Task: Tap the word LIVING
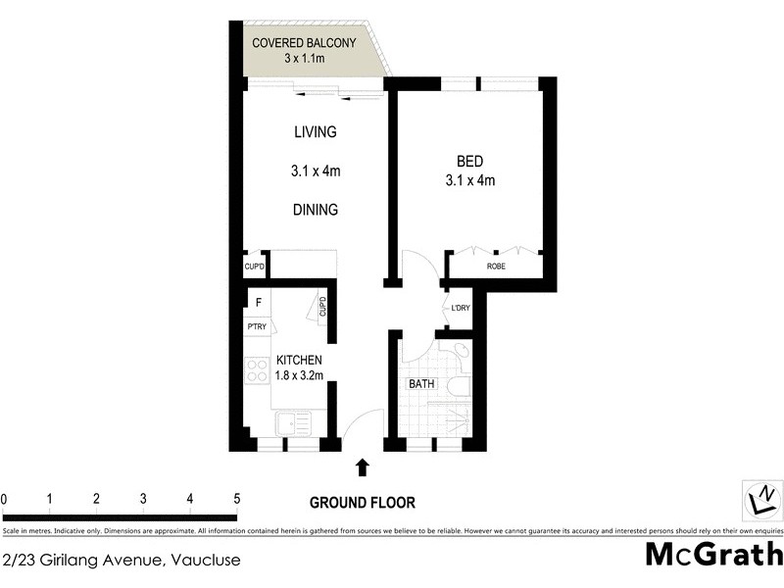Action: [x=315, y=132]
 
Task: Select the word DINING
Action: [x=315, y=209]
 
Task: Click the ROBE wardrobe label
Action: [x=496, y=266]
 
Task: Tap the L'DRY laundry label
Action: [x=460, y=309]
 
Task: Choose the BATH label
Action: [x=421, y=384]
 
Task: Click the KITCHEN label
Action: [x=299, y=361]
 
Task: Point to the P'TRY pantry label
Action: [x=257, y=326]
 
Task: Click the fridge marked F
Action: [x=258, y=303]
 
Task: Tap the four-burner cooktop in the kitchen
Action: [x=257, y=370]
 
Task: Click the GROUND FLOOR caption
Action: [x=363, y=503]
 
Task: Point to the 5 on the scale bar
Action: [x=236, y=499]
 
